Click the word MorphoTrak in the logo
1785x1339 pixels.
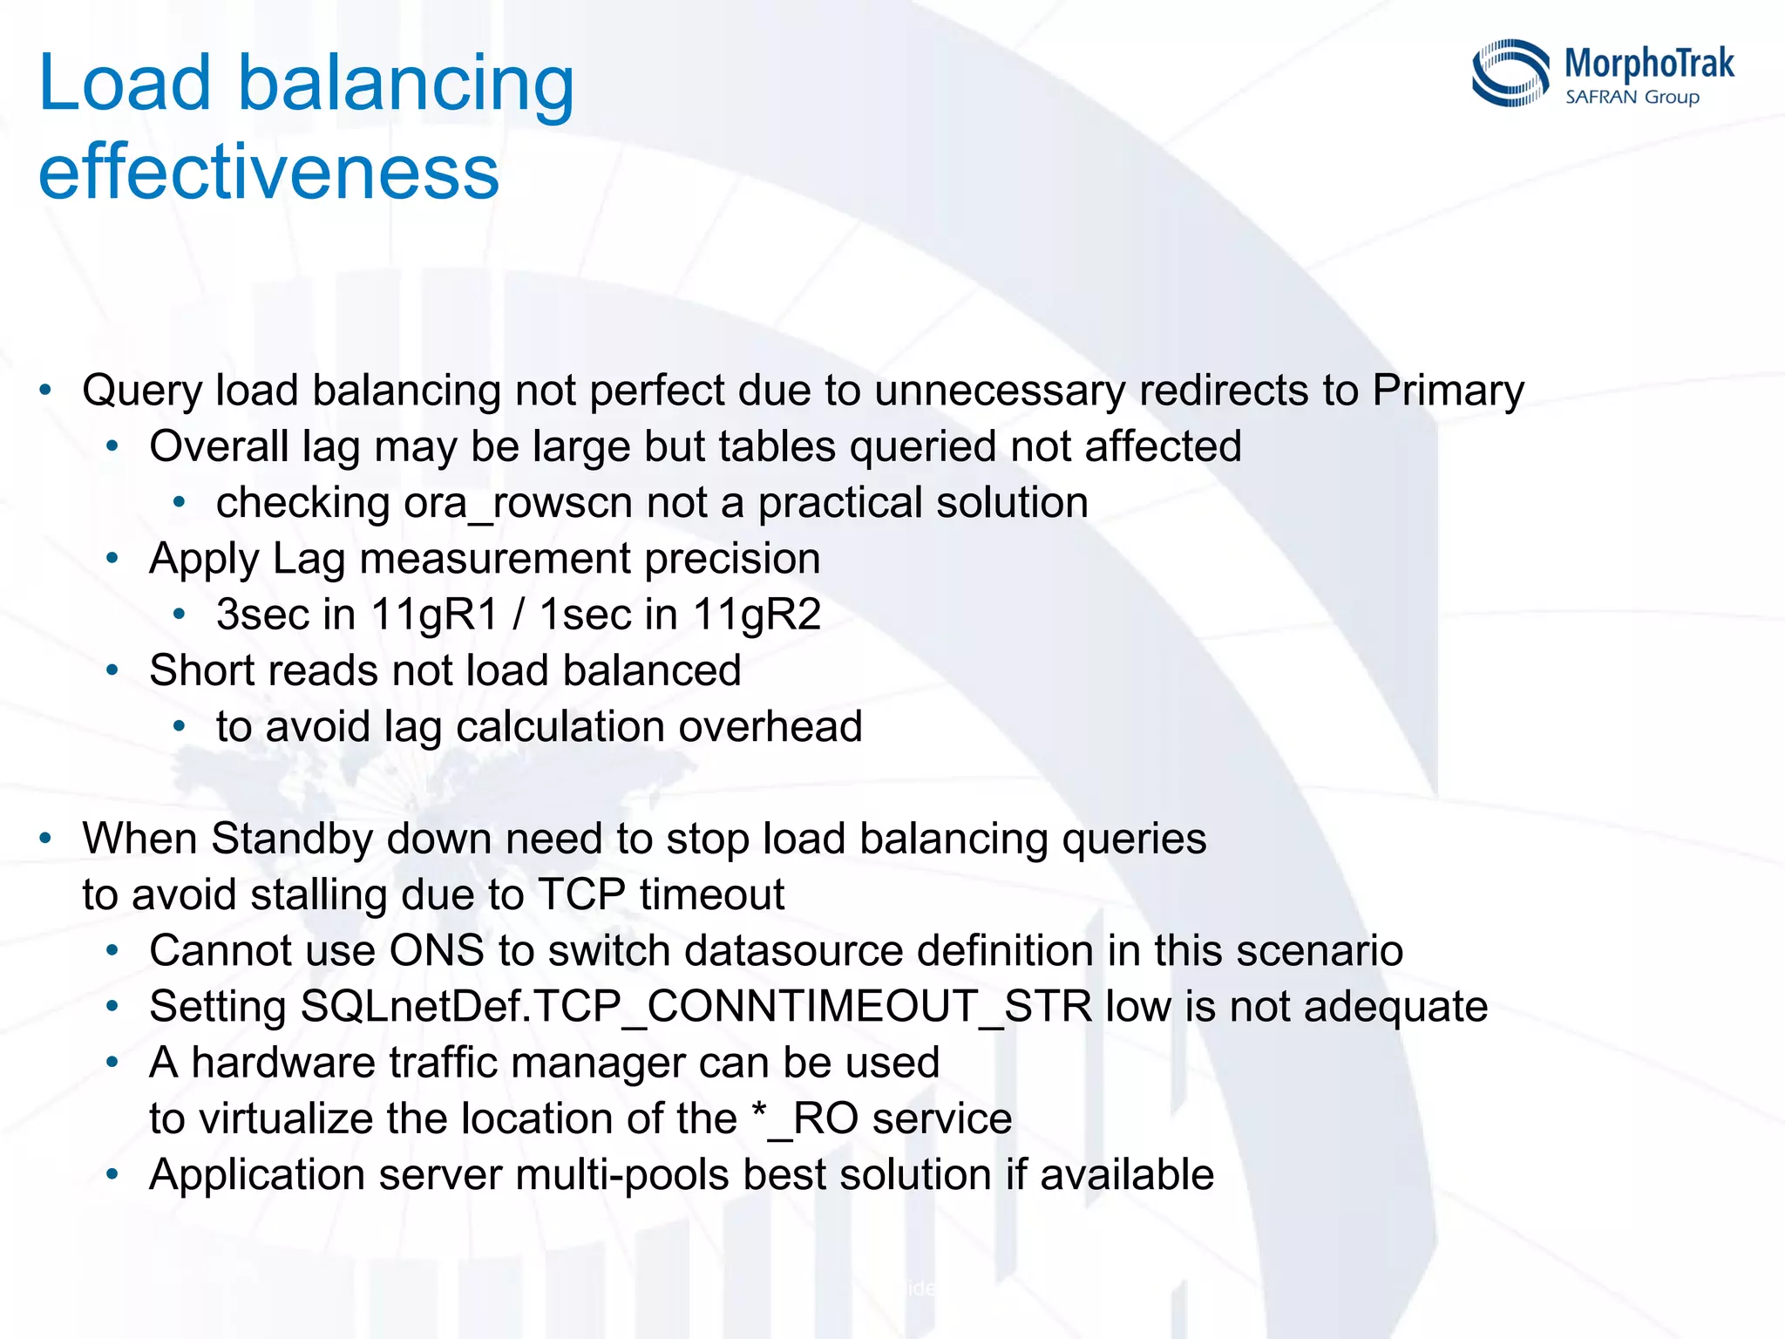1649,65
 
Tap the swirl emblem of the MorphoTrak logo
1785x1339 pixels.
1510,73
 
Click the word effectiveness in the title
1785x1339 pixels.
268,172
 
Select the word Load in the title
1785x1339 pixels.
125,83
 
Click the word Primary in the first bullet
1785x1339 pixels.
1448,391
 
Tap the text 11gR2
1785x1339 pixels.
757,615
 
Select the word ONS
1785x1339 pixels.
436,950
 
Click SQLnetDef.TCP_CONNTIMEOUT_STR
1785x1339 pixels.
696,1007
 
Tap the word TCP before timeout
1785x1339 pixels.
581,895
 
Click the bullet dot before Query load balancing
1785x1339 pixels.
46,389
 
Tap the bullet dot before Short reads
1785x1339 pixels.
112,670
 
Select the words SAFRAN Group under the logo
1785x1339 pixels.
1632,97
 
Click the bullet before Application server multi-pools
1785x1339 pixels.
112,1174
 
